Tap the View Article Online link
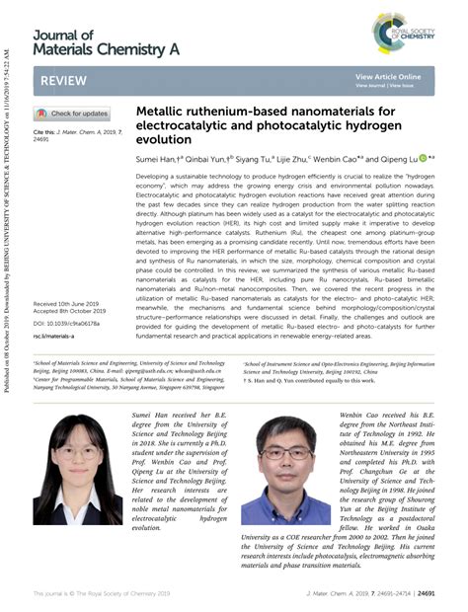click(x=388, y=76)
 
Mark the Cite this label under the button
click(x=44, y=131)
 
